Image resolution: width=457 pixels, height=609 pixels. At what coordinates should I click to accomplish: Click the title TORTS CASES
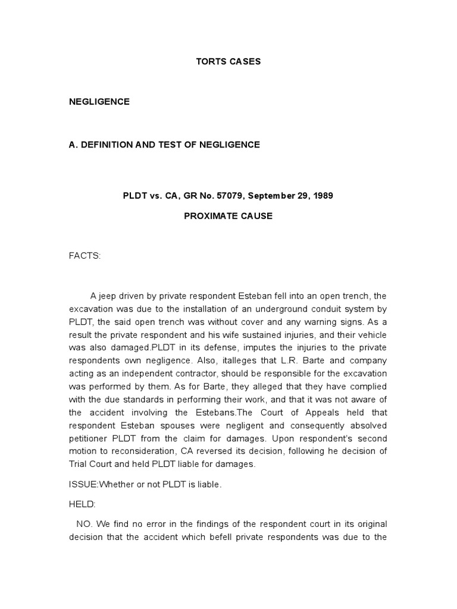coord(228,61)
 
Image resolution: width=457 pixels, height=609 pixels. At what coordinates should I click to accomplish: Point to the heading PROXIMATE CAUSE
coord(228,216)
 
